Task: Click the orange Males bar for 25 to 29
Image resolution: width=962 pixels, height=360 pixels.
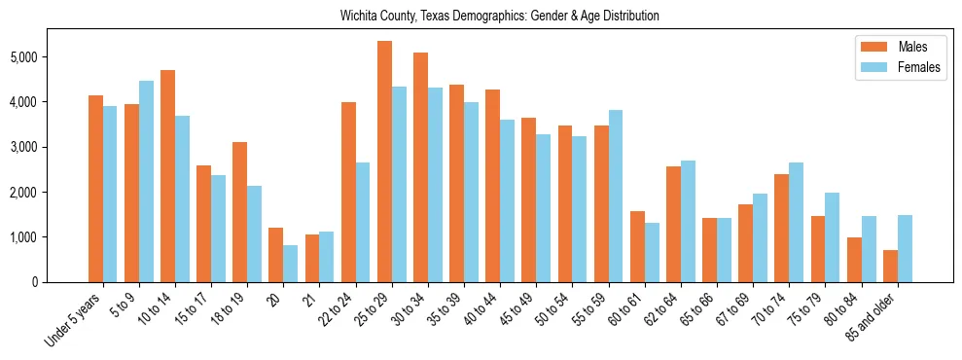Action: [x=384, y=162]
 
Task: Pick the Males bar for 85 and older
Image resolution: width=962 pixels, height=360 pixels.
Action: [x=890, y=266]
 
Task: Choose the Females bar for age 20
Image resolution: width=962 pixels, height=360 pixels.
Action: [x=290, y=264]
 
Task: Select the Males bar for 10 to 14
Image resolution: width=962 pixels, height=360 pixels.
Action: [x=167, y=176]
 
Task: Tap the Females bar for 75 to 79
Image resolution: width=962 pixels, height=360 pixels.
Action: [x=832, y=237]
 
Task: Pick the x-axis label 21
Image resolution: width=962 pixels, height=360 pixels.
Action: [x=308, y=297]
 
